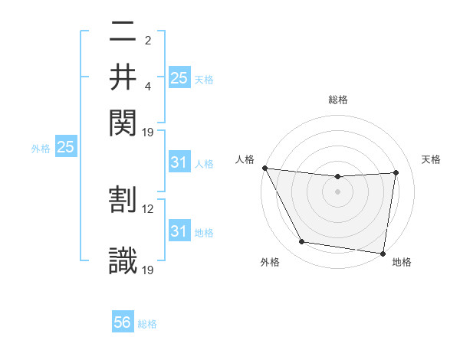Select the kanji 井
point(123,77)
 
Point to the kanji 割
point(123,199)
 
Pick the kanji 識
point(123,260)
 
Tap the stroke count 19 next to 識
point(149,270)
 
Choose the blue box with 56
point(123,322)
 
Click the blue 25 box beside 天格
point(179,77)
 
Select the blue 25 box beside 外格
point(65,148)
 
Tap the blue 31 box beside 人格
point(179,162)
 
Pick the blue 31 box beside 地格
point(179,231)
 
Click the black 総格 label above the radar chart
point(338,100)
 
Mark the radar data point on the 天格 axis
point(396,172)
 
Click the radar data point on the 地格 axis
point(383,253)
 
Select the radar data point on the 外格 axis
point(301,243)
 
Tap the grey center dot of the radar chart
point(337,191)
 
